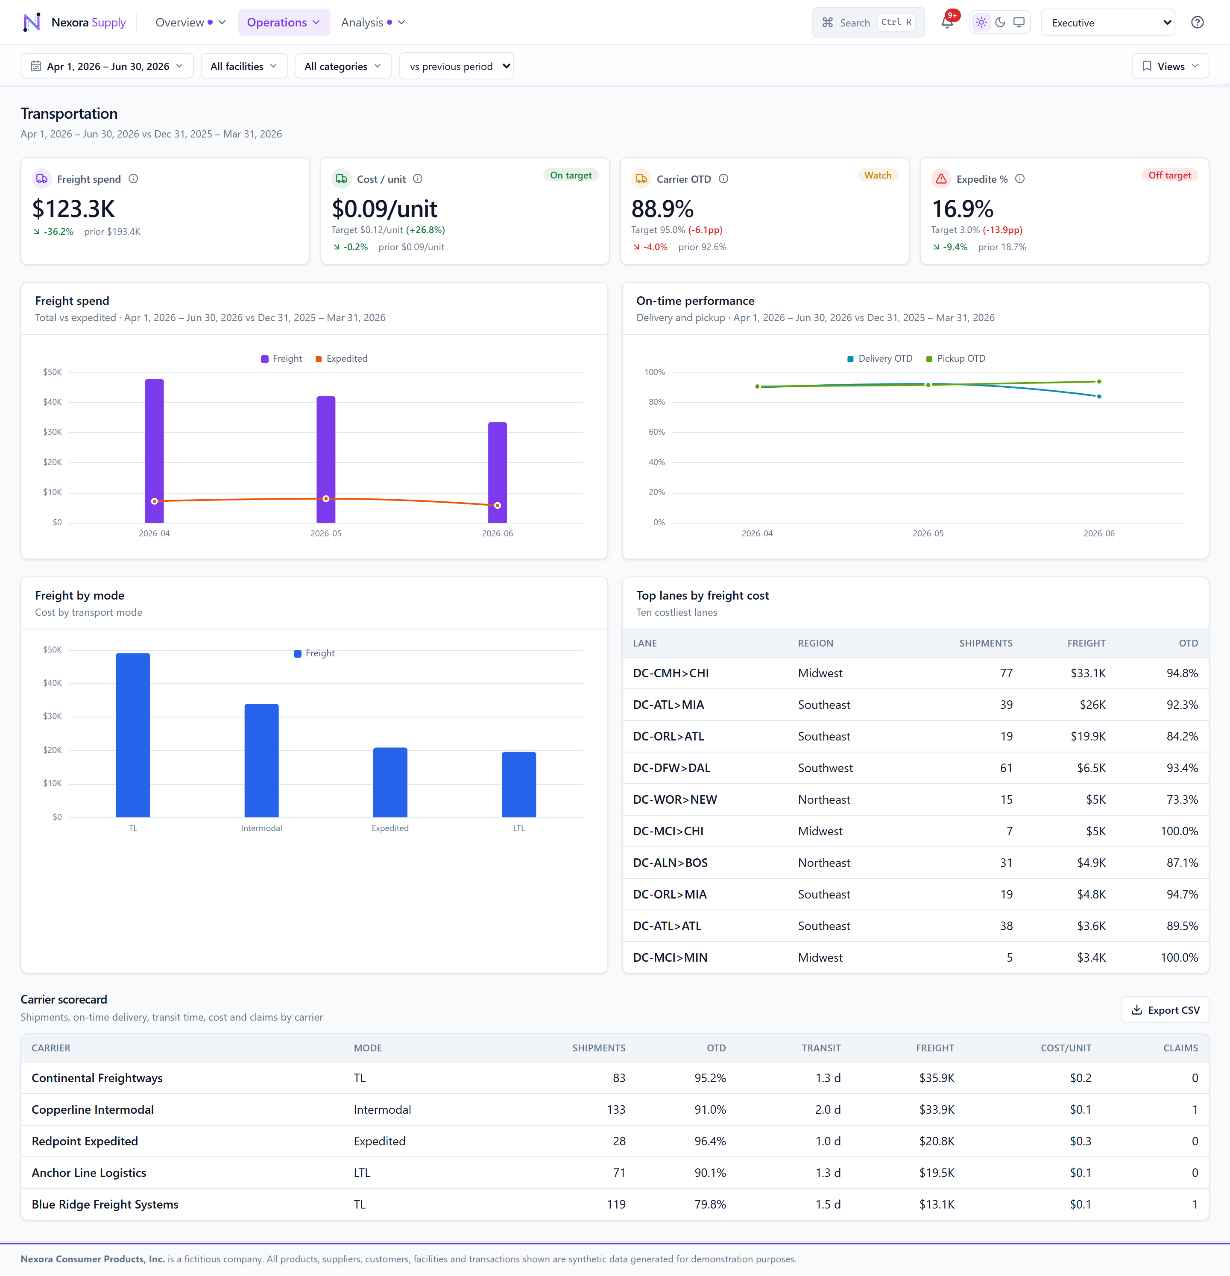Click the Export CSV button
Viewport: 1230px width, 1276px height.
[x=1165, y=1010]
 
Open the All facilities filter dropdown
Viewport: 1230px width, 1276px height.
[x=243, y=66]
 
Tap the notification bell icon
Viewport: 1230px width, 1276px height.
[x=947, y=23]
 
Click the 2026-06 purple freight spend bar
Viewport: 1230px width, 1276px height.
[x=498, y=472]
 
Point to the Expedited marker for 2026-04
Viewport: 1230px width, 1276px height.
[x=154, y=501]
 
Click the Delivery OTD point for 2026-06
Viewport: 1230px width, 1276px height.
[x=1099, y=396]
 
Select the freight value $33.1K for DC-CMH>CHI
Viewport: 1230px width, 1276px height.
[x=1088, y=673]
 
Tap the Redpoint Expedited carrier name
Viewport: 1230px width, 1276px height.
[x=85, y=1141]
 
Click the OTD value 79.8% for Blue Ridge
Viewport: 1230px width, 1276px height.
[x=710, y=1204]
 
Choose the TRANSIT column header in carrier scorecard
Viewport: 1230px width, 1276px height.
[x=821, y=1048]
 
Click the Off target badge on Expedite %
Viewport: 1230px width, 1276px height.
[x=1169, y=175]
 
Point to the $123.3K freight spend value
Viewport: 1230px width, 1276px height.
[x=73, y=209]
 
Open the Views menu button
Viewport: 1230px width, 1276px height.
[x=1170, y=66]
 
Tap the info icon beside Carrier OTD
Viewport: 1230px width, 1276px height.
[x=723, y=179]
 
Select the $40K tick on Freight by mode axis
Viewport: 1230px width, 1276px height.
[x=52, y=683]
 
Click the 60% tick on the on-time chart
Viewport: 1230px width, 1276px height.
[x=656, y=432]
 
